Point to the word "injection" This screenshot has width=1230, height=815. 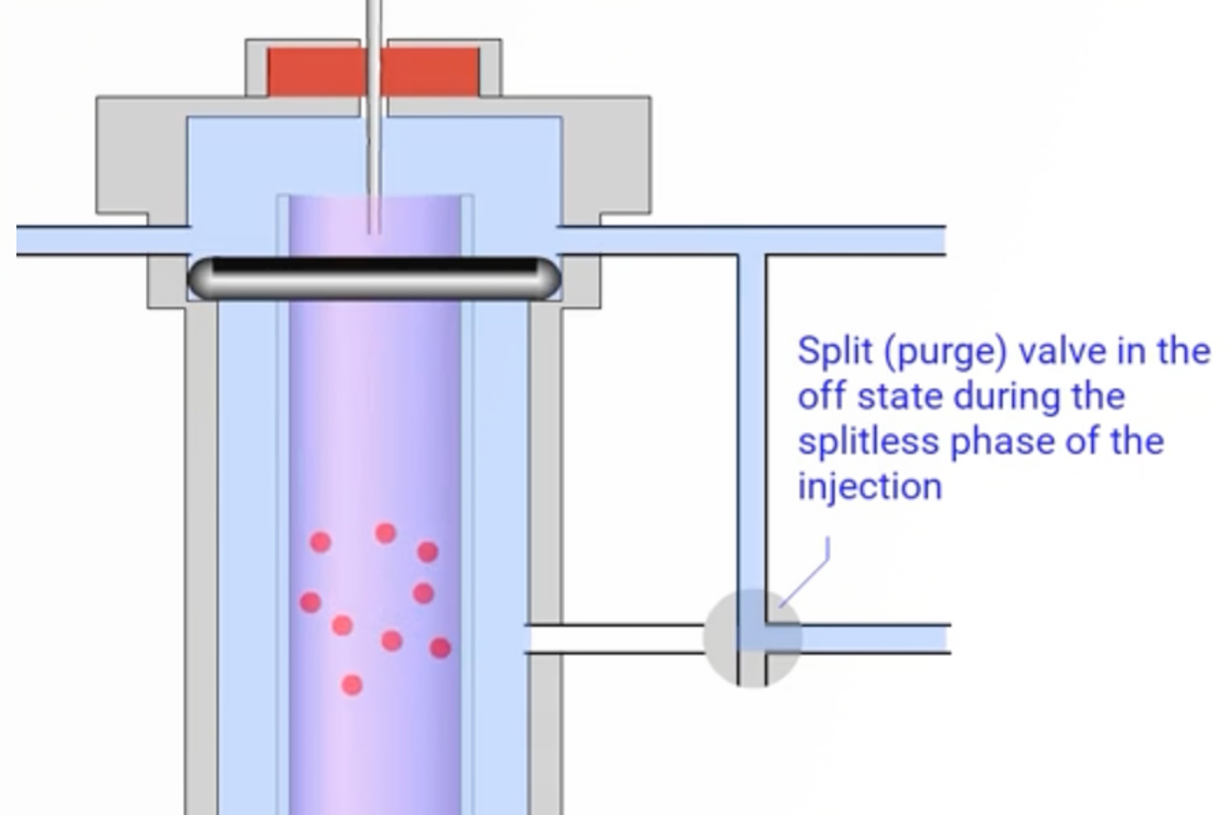pyautogui.click(x=869, y=487)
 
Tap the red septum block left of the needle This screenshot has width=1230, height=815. pyautogui.click(x=314, y=72)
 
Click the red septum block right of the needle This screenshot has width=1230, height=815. pyautogui.click(x=432, y=72)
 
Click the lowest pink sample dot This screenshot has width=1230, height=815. pyautogui.click(x=351, y=684)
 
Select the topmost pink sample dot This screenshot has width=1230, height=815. pyautogui.click(x=385, y=532)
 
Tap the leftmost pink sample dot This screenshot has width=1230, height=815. pyautogui.click(x=310, y=601)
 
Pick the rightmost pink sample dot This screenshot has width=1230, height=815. pyautogui.click(x=440, y=648)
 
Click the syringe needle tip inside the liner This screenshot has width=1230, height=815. pyautogui.click(x=374, y=228)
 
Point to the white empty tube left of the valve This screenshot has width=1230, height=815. pyautogui.click(x=615, y=639)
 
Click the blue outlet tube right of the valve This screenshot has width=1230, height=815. pyautogui.click(x=876, y=638)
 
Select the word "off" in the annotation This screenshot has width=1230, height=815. pyautogui.click(x=820, y=397)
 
